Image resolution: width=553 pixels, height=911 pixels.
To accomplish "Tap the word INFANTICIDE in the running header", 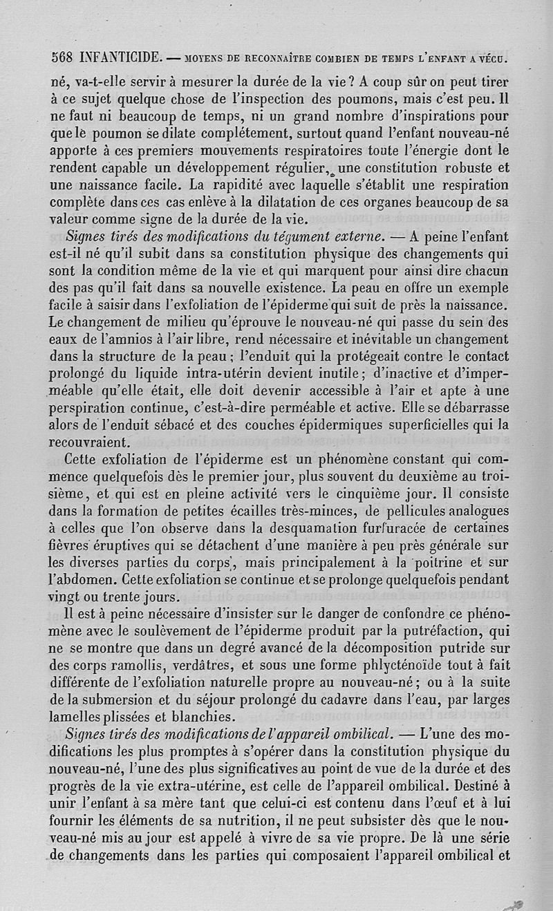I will point(121,54).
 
